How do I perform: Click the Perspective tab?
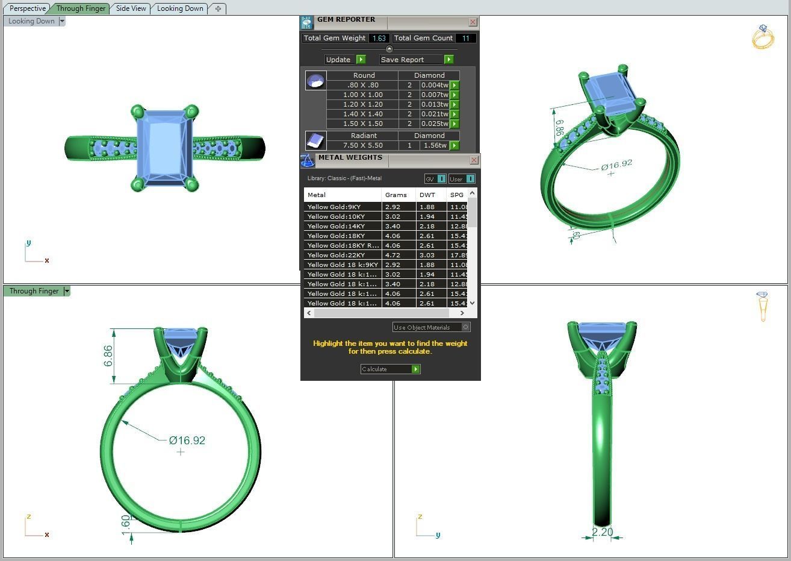(x=27, y=8)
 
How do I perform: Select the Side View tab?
(x=131, y=8)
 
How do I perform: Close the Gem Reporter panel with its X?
(x=473, y=22)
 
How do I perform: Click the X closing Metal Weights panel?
(x=474, y=160)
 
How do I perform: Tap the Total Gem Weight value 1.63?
(x=379, y=38)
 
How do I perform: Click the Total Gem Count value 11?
(x=465, y=38)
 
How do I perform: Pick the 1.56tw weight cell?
(x=434, y=145)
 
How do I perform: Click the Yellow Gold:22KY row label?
(x=336, y=255)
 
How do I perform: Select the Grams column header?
(x=396, y=195)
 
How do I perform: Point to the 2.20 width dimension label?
(x=602, y=532)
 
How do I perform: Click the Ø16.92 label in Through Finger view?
(x=187, y=440)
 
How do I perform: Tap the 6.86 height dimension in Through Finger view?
(x=108, y=356)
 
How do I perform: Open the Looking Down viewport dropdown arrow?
(x=62, y=21)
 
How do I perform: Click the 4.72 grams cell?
(x=392, y=255)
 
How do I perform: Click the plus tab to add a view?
(x=218, y=8)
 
